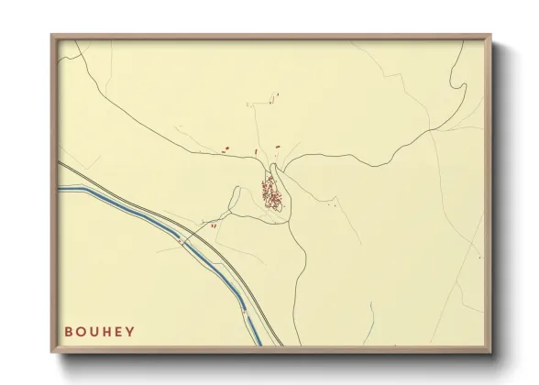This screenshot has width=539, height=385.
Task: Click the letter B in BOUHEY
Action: point(70,332)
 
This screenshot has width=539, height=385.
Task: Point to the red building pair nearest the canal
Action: point(213,225)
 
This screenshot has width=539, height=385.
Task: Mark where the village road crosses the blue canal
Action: point(188,241)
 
